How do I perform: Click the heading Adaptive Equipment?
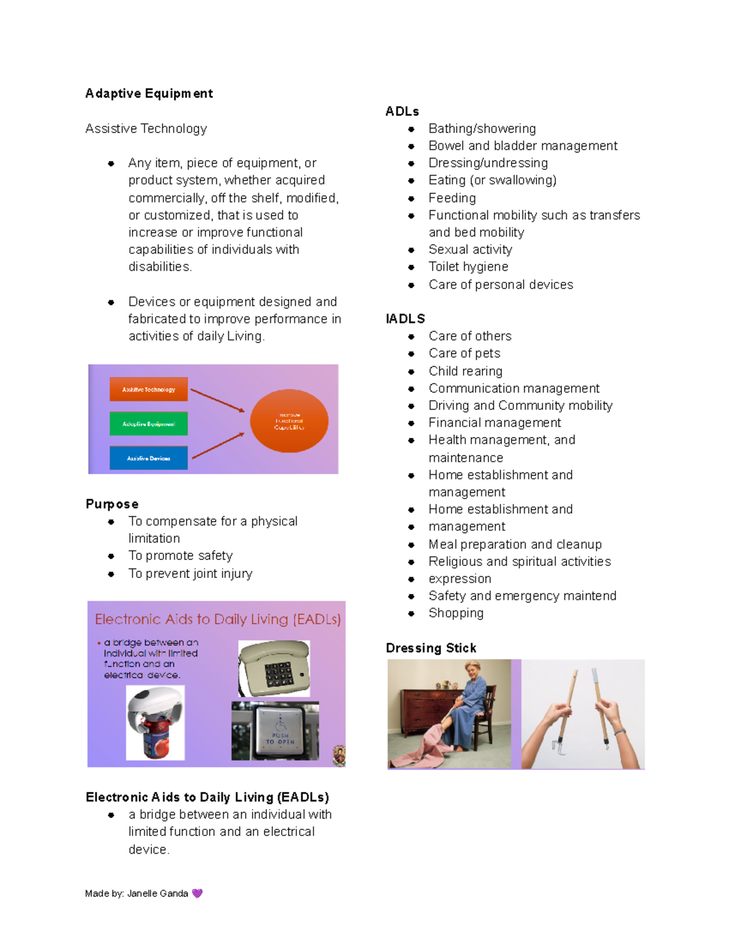click(149, 94)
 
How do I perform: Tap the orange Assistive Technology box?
click(149, 389)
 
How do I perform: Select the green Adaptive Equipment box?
click(149, 424)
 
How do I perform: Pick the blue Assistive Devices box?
click(149, 458)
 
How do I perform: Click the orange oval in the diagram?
click(289, 421)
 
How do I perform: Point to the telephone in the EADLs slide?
click(274, 669)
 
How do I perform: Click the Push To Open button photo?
click(275, 731)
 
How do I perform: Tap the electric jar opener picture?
click(155, 723)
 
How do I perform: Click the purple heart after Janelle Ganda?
click(197, 893)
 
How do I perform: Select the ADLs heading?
click(402, 112)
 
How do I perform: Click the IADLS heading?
click(405, 319)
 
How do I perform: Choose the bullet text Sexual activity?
click(470, 250)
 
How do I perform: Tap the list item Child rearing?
click(465, 371)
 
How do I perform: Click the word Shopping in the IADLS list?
click(456, 613)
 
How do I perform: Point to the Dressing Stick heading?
click(431, 648)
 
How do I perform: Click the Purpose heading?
click(112, 504)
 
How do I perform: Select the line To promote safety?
click(180, 556)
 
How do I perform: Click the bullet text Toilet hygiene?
click(468, 267)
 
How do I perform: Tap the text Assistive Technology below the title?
click(146, 129)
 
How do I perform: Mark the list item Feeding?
click(452, 198)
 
